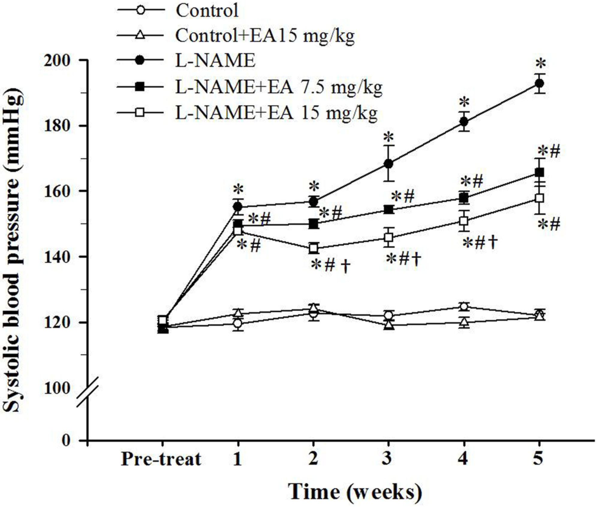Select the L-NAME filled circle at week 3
click(x=389, y=164)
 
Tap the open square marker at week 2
click(x=313, y=248)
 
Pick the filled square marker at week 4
click(x=464, y=198)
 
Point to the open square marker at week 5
click(x=539, y=198)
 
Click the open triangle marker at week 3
click(x=389, y=325)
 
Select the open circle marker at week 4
click(x=464, y=307)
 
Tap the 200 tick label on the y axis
click(x=57, y=60)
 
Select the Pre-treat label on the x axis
click(x=161, y=459)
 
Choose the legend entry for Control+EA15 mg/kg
click(x=265, y=36)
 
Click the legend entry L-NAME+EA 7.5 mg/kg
click(x=279, y=87)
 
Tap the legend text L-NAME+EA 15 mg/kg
click(x=276, y=113)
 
